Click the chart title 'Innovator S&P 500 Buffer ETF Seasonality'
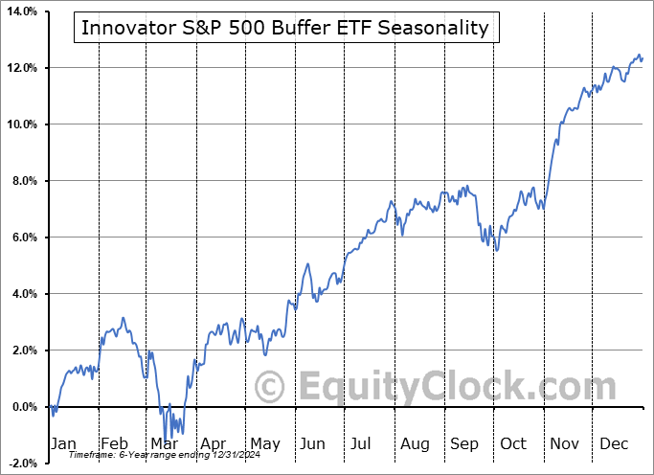click(284, 28)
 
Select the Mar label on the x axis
click(164, 443)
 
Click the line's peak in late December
click(639, 55)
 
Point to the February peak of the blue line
click(123, 318)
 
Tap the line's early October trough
click(496, 251)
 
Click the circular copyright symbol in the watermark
click(270, 387)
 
